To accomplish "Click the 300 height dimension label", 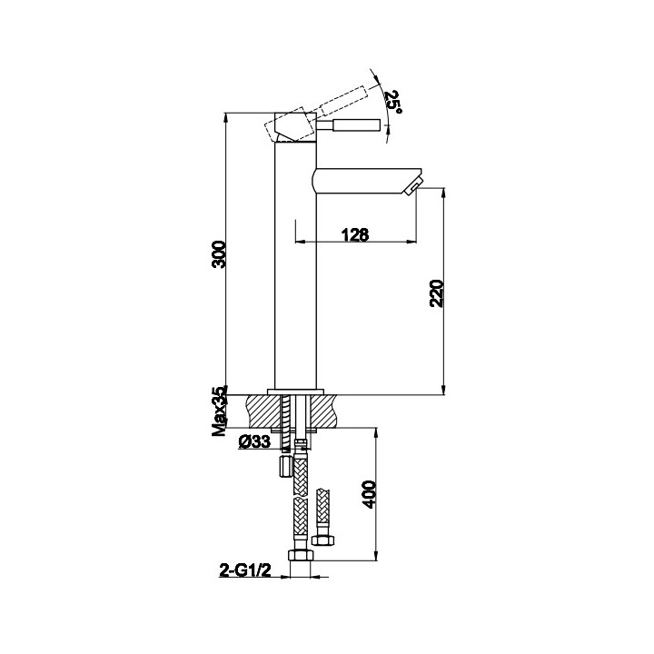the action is pyautogui.click(x=219, y=254).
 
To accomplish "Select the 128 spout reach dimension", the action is pyautogui.click(x=355, y=235).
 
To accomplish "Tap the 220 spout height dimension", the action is pyautogui.click(x=437, y=293).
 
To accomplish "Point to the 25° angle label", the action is pyautogui.click(x=393, y=102).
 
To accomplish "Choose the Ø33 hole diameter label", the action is pyautogui.click(x=255, y=441).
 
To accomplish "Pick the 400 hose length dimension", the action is pyautogui.click(x=369, y=494).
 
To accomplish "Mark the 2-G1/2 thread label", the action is pyautogui.click(x=245, y=570).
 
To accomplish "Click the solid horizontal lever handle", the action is pyautogui.click(x=348, y=124).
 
